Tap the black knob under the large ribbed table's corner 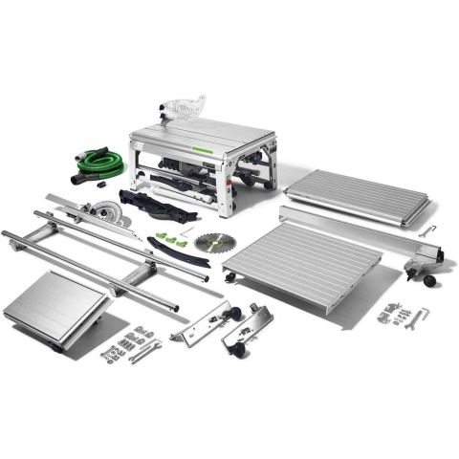pos(229,277)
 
